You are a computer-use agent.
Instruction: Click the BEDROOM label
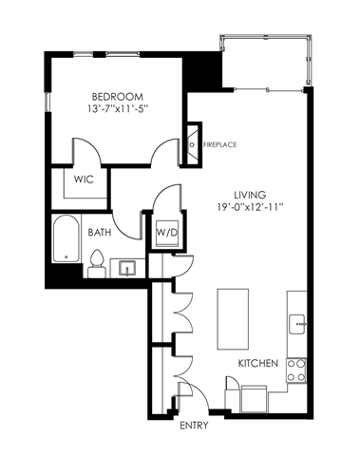(x=119, y=97)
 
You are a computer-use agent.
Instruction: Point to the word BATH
(x=101, y=232)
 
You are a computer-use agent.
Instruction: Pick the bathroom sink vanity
(x=127, y=267)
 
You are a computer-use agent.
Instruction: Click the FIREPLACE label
(x=219, y=144)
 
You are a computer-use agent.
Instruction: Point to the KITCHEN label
(x=257, y=364)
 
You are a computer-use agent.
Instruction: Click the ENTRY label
(x=194, y=426)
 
